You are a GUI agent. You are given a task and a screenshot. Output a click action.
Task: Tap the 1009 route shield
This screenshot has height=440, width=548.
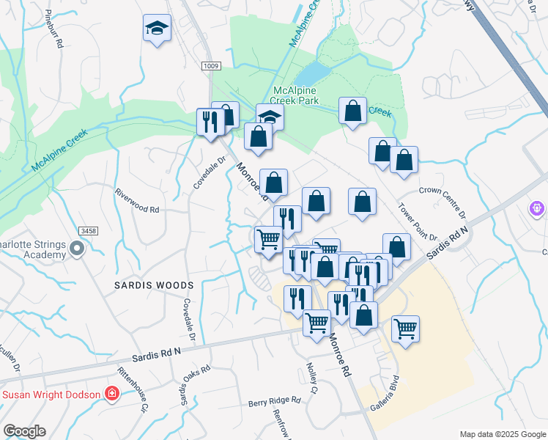211,67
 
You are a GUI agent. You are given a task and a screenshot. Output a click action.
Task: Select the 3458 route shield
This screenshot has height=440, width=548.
89,231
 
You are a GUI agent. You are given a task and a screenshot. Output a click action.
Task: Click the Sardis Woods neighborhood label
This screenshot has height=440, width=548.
154,285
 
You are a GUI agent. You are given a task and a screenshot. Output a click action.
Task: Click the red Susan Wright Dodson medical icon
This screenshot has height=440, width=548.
111,395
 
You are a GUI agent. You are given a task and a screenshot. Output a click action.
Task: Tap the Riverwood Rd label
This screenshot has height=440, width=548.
137,199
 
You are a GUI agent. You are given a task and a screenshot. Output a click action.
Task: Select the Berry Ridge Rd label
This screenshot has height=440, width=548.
275,401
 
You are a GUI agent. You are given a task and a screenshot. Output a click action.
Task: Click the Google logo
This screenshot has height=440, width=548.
24,430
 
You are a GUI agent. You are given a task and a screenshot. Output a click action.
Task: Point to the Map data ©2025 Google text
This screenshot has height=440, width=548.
502,433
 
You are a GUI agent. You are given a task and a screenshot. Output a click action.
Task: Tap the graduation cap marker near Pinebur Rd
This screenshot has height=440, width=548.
156,29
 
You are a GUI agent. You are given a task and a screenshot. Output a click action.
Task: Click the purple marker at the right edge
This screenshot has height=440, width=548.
538,209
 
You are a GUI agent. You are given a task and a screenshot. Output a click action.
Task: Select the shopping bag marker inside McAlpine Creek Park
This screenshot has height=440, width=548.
352,111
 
